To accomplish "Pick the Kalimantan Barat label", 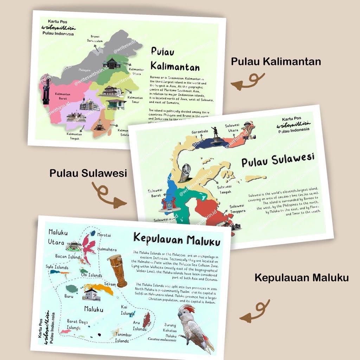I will point(63,96).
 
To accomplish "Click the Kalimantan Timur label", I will point(135,100).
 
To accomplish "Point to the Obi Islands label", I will point(91,275).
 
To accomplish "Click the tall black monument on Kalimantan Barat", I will point(45,90).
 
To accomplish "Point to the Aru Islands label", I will point(139,326).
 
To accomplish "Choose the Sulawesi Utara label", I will point(232,128).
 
